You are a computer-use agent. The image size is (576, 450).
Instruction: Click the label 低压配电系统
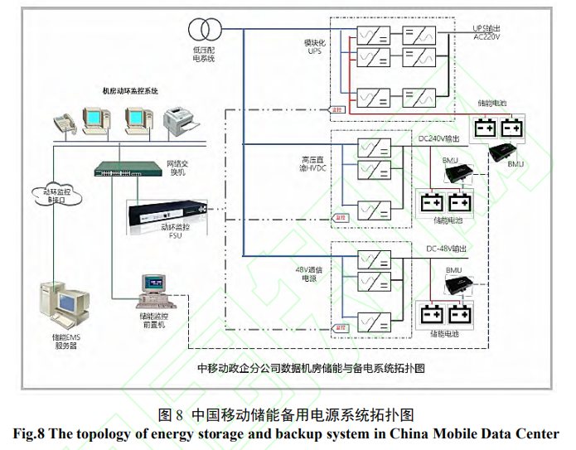pos(203,54)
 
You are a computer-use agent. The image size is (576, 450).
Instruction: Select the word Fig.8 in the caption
pos(31,433)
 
